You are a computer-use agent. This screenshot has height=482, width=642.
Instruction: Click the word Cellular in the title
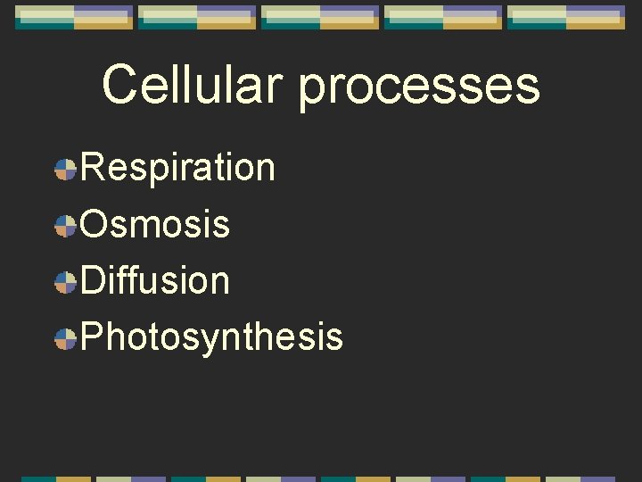coord(194,85)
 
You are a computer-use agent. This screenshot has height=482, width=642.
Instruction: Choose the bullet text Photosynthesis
coord(212,337)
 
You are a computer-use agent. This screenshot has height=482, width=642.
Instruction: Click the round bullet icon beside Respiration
coord(65,170)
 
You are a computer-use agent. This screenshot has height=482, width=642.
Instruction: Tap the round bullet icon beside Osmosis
coord(65,226)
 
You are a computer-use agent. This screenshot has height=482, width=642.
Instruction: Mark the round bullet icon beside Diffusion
coord(65,282)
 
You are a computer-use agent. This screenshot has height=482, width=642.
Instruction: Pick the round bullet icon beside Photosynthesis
coord(65,339)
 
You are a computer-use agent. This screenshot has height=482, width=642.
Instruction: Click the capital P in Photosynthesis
coord(93,337)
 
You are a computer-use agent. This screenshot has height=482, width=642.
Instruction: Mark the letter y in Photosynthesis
coord(199,341)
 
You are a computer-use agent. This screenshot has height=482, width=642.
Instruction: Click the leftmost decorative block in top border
coord(73,17)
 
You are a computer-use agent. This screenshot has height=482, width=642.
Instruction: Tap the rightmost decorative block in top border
coord(565,17)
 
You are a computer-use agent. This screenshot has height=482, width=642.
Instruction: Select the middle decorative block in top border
coord(319,17)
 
